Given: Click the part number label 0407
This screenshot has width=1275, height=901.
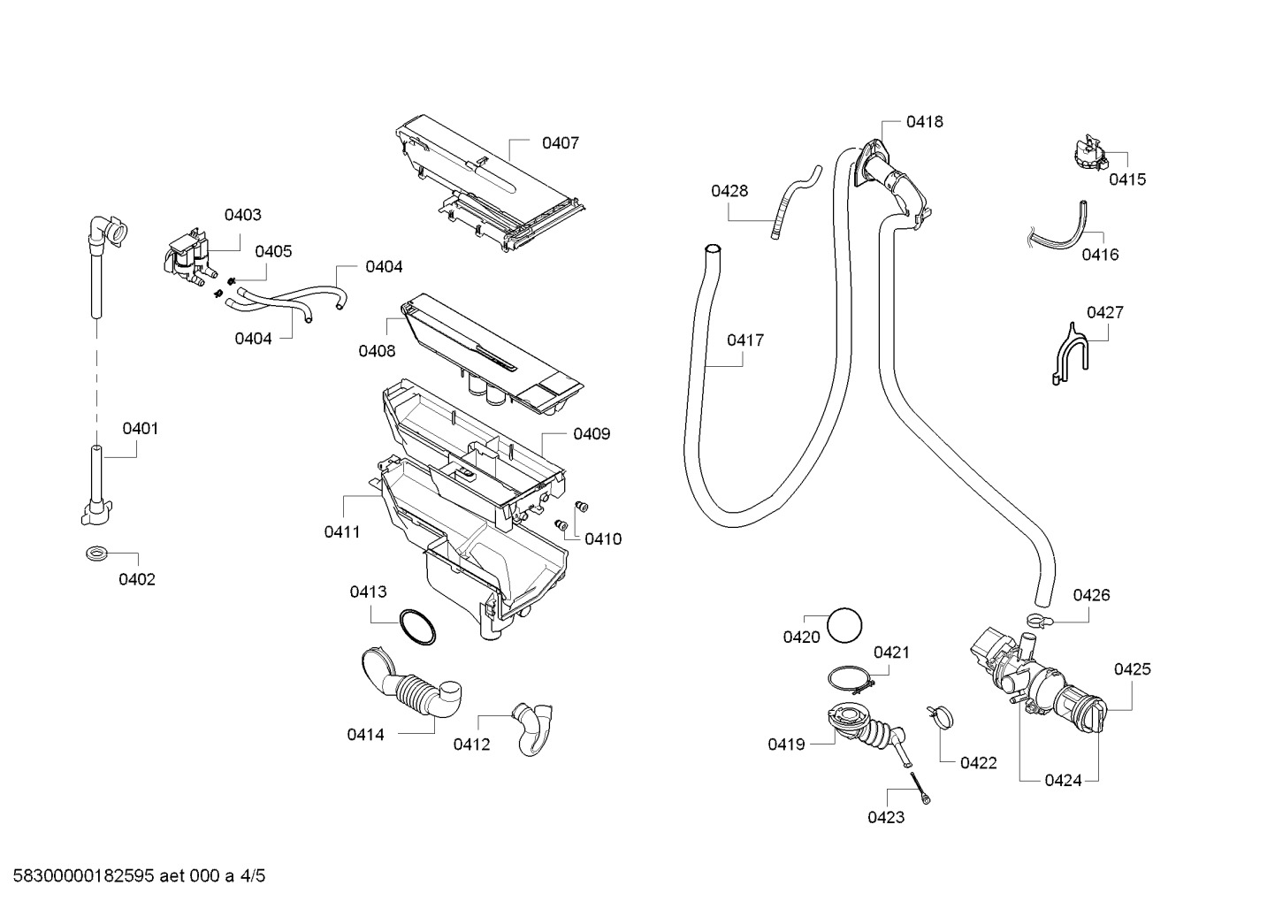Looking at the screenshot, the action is [x=560, y=143].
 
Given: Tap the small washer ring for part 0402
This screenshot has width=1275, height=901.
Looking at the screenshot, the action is [x=93, y=552].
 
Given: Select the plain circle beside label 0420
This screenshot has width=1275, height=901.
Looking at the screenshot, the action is [x=844, y=625].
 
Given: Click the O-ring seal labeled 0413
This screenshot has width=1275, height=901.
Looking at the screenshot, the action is [x=418, y=627].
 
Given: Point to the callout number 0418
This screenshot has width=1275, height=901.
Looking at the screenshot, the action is [x=924, y=122].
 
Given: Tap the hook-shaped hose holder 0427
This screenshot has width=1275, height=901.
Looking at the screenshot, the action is [x=1069, y=355].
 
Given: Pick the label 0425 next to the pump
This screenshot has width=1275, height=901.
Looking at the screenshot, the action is [x=1132, y=668].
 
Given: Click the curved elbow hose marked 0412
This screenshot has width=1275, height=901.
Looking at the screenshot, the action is [x=533, y=729].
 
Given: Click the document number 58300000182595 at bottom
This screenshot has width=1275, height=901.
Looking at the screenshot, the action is [x=84, y=876].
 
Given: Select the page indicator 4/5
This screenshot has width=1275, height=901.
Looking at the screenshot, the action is [x=252, y=876].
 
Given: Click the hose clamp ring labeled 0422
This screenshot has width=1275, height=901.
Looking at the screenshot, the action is [x=940, y=716].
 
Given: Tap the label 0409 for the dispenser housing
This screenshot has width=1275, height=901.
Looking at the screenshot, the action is [x=592, y=434].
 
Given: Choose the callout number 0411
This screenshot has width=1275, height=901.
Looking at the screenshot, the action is [x=342, y=532].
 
